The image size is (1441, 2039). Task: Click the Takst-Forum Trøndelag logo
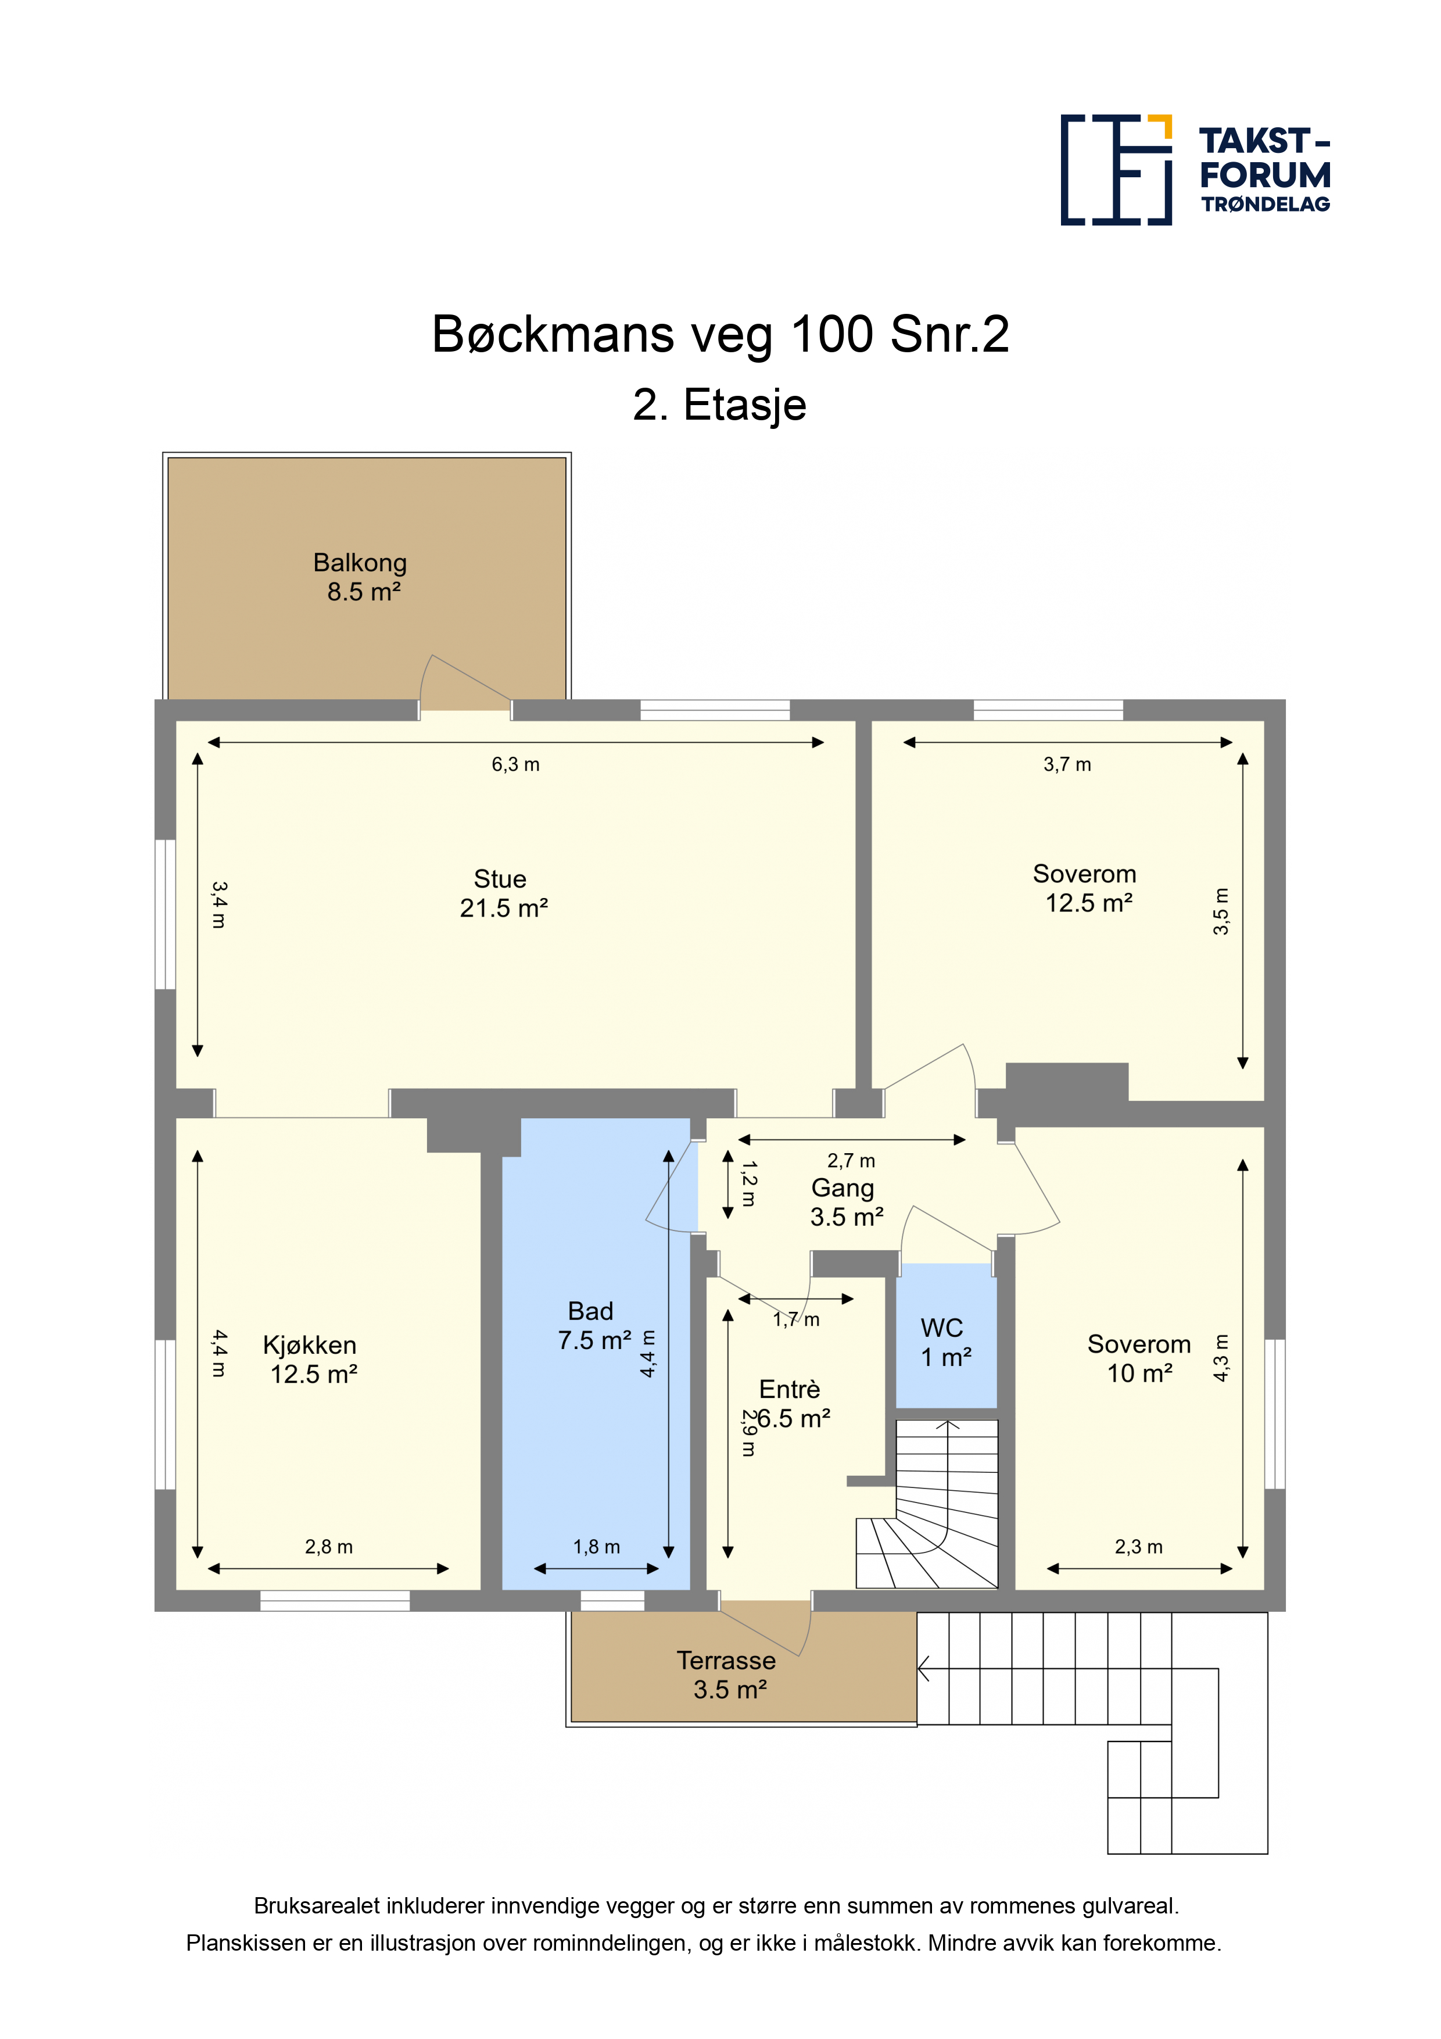click(1195, 170)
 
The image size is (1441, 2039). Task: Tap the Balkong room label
click(360, 577)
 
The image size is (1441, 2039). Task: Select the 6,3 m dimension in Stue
click(516, 764)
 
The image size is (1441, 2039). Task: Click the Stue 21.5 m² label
click(503, 893)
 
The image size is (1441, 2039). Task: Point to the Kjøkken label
click(310, 1346)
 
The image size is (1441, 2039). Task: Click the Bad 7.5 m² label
click(594, 1326)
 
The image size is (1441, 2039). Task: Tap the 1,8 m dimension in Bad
click(597, 1547)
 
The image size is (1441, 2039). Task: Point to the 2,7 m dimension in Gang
click(851, 1161)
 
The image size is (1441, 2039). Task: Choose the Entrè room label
click(789, 1389)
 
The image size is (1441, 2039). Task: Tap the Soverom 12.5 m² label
click(1086, 888)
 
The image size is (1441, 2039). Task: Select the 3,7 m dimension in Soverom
click(1067, 764)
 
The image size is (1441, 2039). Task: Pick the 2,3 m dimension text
click(1138, 1547)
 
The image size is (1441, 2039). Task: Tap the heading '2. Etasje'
click(719, 405)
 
